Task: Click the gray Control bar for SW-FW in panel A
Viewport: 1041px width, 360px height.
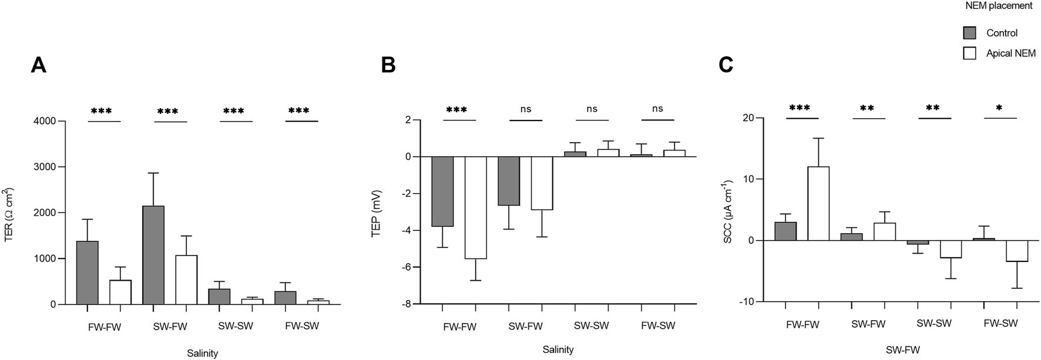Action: click(x=153, y=255)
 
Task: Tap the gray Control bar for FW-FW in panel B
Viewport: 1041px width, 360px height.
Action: click(x=443, y=191)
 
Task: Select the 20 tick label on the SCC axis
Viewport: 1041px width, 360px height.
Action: click(x=748, y=118)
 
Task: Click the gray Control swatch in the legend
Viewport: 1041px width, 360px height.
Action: click(x=970, y=33)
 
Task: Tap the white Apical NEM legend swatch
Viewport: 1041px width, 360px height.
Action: click(x=970, y=53)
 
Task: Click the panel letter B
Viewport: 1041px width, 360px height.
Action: click(x=388, y=65)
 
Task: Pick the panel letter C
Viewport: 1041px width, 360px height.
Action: click(x=726, y=65)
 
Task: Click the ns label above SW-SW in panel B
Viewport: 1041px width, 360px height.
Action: click(x=592, y=109)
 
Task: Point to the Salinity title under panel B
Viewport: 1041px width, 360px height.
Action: click(x=558, y=349)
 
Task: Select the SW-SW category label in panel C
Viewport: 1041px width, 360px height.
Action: click(x=934, y=324)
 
